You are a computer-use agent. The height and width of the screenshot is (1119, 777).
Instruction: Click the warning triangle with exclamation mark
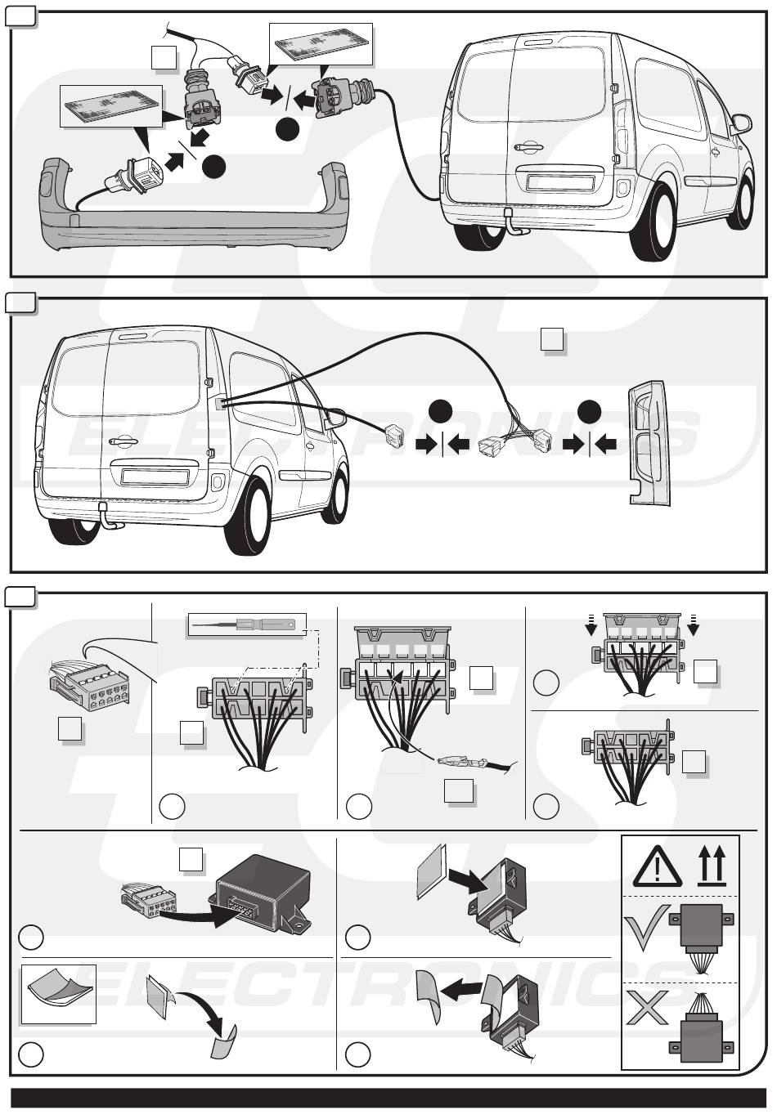[x=657, y=866]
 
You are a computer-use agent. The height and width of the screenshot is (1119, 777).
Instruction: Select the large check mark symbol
[x=646, y=926]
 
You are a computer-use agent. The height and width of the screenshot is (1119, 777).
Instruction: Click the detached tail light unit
[x=648, y=442]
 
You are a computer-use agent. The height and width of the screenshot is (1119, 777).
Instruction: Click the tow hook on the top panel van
[x=513, y=223]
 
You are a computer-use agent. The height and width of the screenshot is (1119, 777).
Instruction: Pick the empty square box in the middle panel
[x=552, y=340]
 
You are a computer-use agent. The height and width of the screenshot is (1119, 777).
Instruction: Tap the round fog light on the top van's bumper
[x=623, y=187]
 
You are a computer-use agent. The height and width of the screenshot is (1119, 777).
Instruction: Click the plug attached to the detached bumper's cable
[x=133, y=176]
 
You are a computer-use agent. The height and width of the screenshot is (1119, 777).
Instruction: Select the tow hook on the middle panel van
[x=107, y=517]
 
